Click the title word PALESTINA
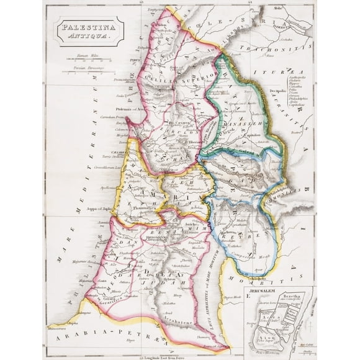point(87,28)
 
